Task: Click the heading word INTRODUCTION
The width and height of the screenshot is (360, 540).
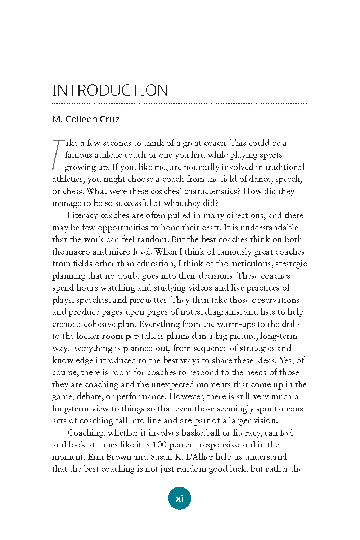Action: pos(110,90)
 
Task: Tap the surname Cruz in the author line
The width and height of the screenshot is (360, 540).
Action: pos(110,119)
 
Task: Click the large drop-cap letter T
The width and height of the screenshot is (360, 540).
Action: pos(58,154)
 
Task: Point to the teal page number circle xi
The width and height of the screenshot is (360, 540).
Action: pos(180,498)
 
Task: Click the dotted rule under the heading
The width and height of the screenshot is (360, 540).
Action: pos(180,104)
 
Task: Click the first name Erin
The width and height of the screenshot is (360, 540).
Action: pos(96,457)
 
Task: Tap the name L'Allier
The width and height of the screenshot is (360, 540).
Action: pos(199,457)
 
